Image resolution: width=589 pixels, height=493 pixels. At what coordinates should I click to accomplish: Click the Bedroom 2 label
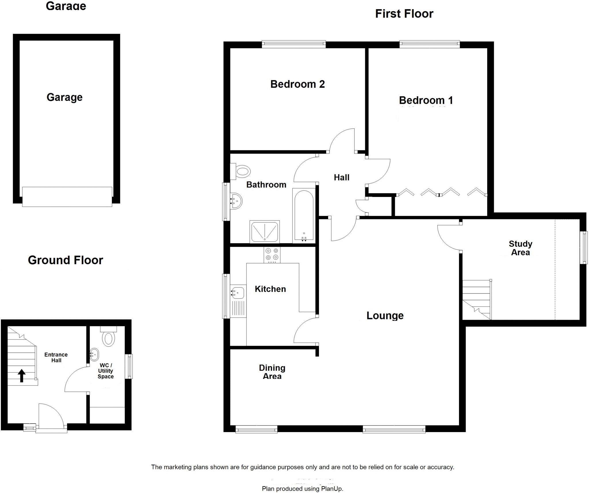297,84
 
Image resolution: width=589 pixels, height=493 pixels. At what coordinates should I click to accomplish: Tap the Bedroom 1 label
426,100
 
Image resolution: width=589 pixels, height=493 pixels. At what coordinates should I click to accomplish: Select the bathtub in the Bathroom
304,216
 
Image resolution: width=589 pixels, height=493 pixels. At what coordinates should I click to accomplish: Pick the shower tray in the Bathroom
265,232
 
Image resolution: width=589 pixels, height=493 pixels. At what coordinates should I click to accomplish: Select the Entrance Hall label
56,357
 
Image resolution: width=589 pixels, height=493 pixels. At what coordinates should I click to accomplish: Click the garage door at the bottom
67,196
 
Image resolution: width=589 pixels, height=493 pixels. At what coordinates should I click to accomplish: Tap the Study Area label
520,248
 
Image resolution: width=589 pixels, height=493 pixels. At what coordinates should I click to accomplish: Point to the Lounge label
385,316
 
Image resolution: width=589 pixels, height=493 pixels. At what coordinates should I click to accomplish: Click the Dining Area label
272,372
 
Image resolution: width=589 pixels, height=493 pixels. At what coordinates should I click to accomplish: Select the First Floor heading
404,14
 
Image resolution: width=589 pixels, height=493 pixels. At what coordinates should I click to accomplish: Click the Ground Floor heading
65,260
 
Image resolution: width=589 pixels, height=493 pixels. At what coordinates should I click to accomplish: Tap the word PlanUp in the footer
332,489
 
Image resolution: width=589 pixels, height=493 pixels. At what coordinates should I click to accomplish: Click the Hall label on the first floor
341,178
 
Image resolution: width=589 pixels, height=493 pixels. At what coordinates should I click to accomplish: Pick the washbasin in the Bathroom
236,201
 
